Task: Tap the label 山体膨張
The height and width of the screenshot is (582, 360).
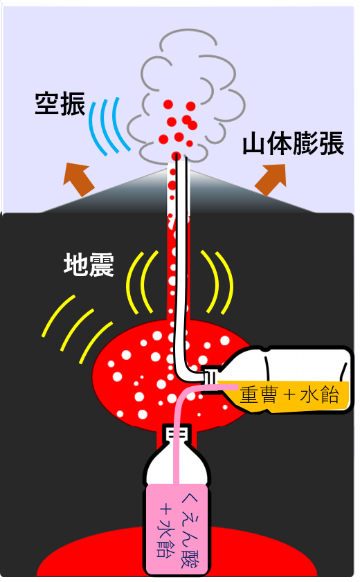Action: [x=293, y=143]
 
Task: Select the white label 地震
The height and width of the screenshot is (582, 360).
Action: [x=89, y=264]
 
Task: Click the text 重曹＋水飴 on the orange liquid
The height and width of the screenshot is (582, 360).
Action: [x=289, y=395]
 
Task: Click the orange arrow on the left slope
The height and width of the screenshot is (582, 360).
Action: [x=78, y=179]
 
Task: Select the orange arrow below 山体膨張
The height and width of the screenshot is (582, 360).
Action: [x=271, y=180]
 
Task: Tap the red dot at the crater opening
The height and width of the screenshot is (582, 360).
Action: [x=177, y=156]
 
